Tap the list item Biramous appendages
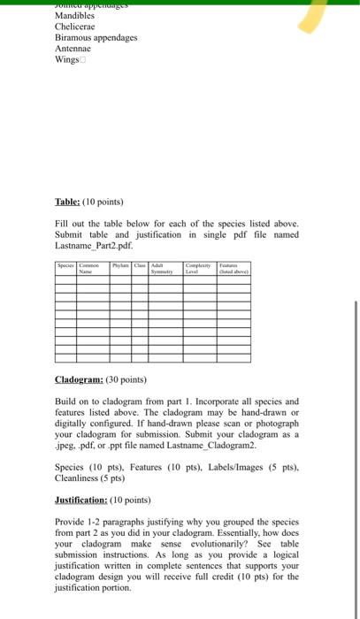pos(96,38)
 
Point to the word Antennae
pos(74,50)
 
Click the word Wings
pos(68,61)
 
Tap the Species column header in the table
pos(65,264)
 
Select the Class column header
pos(141,264)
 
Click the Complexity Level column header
pos(197,268)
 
